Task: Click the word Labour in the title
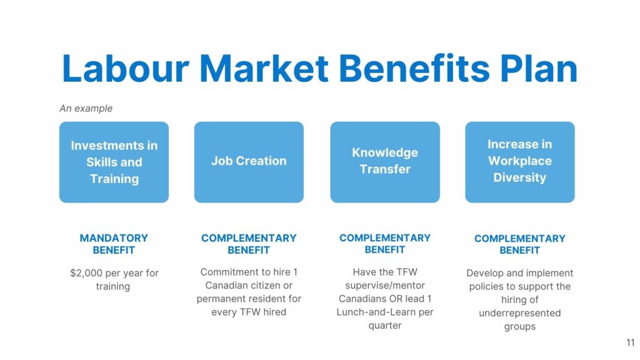(126, 68)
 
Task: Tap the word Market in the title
(264, 68)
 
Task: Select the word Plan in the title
(539, 68)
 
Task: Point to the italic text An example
(86, 109)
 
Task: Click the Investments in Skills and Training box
(114, 162)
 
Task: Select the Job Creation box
(249, 162)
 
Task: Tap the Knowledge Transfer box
(385, 162)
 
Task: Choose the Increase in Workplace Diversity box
(520, 162)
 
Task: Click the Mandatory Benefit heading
(114, 244)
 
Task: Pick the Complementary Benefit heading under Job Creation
(249, 244)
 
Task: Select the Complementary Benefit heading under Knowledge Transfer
(385, 244)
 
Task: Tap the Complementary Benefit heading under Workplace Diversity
(520, 244)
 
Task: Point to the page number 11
(631, 343)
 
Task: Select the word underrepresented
(520, 313)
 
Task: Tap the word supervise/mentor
(385, 286)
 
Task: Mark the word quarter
(385, 326)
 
